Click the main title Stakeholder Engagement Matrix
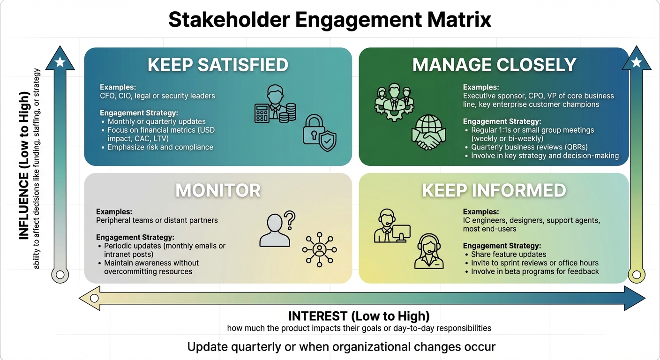click(x=330, y=20)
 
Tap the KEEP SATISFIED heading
click(x=218, y=65)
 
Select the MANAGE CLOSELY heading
click(x=494, y=65)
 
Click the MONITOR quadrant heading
click(x=218, y=190)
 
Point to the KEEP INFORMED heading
click(x=494, y=190)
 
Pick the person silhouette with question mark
click(x=277, y=229)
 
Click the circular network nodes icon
click(x=320, y=249)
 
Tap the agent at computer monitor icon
click(x=392, y=227)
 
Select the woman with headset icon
click(x=429, y=251)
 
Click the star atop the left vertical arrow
click(x=60, y=62)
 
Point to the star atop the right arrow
click(x=636, y=62)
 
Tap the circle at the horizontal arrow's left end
click(x=94, y=298)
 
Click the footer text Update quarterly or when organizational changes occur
click(x=341, y=347)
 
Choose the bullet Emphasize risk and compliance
click(x=160, y=147)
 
